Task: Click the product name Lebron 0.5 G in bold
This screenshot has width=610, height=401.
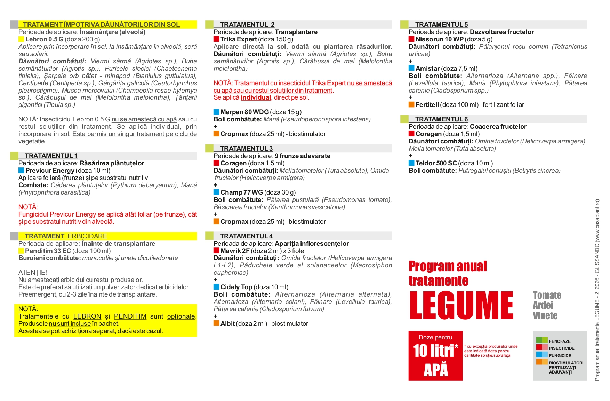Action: tap(44, 39)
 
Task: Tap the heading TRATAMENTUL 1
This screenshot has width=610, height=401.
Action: tap(51, 156)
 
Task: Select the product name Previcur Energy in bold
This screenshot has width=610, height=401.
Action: tap(50, 171)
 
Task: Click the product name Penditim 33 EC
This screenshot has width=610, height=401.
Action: tap(48, 251)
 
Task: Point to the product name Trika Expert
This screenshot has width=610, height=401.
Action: tap(239, 39)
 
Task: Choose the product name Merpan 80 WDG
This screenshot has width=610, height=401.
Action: tap(244, 112)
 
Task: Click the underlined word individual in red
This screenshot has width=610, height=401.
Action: tap(256, 97)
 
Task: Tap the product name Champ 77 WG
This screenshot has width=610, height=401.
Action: tap(241, 192)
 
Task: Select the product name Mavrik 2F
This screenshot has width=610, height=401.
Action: tap(235, 251)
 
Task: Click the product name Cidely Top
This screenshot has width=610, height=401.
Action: tap(236, 287)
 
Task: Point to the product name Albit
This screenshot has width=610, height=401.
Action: tap(227, 324)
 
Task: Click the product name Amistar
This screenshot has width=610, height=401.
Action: tap(427, 69)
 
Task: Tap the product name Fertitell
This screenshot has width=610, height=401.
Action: tap(427, 105)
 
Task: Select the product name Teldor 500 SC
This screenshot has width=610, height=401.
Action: tap(436, 163)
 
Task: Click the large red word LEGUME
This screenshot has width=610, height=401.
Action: tap(461, 305)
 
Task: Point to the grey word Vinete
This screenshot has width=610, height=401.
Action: tap(545, 316)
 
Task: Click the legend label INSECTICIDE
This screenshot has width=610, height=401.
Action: tap(561, 348)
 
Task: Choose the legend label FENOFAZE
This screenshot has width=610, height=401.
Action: tap(560, 341)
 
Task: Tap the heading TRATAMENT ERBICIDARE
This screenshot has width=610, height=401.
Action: tap(66, 236)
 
